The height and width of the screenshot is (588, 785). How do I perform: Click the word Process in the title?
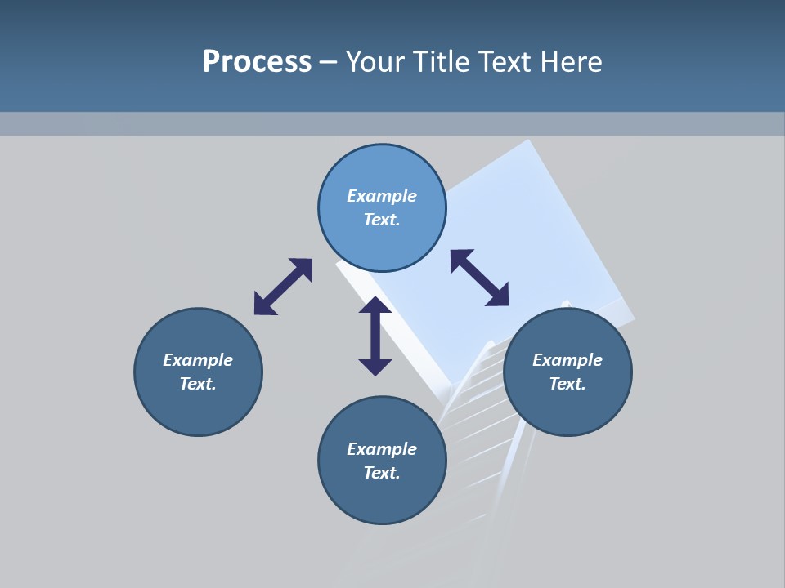257,62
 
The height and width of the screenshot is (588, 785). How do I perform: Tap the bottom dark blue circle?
382,498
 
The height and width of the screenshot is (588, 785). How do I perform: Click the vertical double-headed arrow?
375,336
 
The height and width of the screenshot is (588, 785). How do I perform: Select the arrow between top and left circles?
283,287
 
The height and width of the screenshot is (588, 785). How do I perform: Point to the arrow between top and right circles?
479,278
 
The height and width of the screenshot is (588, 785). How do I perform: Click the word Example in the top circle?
382,196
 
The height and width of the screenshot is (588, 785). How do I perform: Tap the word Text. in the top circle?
382,220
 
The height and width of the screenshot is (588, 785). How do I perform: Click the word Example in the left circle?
198,360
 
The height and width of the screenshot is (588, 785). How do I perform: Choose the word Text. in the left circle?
198,384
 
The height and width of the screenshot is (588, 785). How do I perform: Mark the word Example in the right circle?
567,360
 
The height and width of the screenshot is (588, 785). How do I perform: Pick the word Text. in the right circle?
567,384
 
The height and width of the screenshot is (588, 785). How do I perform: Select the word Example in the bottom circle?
382,449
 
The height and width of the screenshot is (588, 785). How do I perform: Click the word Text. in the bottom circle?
382,473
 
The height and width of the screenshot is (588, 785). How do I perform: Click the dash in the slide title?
329,63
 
